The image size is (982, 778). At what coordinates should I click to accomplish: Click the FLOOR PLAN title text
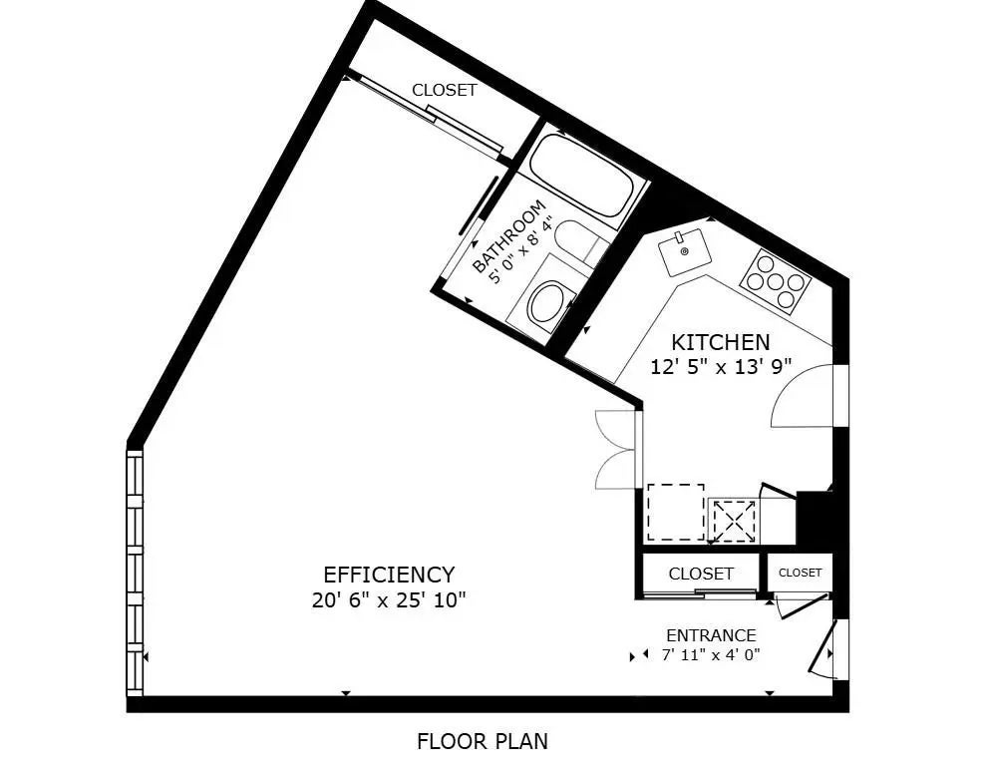tap(483, 741)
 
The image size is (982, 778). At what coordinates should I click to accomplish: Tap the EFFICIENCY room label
tap(389, 574)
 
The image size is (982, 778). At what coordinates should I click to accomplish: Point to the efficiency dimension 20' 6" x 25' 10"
tap(389, 600)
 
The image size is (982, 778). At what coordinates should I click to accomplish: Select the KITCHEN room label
tap(720, 342)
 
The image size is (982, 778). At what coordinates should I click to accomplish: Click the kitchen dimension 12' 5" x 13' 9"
tap(722, 366)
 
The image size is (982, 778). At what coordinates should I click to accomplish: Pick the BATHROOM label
tap(508, 236)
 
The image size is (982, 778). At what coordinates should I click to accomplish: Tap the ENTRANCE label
tap(711, 635)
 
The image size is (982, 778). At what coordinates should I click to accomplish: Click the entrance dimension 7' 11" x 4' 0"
tap(711, 655)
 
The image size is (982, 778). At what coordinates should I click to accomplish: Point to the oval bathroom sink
tap(549, 304)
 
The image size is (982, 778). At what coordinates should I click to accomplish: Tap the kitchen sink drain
tap(685, 251)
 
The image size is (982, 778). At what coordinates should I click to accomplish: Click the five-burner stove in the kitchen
tap(776, 281)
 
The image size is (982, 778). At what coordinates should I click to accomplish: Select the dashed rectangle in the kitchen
tap(675, 512)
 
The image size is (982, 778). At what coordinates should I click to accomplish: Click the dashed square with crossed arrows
tap(733, 521)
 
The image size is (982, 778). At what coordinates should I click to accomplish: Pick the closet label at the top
tap(444, 90)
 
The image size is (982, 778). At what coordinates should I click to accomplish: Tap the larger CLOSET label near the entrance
tap(701, 574)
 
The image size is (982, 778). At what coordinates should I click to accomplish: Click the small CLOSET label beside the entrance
tap(800, 573)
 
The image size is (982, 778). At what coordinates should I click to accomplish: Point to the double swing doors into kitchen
tap(615, 449)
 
